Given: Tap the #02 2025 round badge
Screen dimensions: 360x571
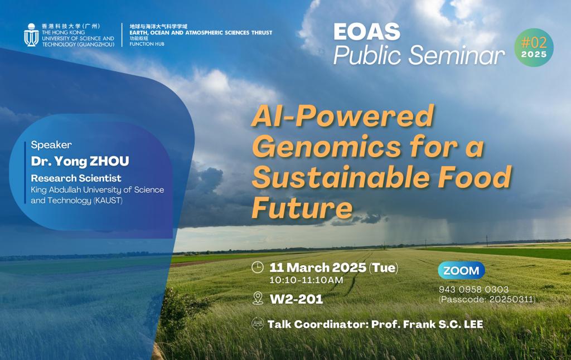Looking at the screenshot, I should click(534, 48).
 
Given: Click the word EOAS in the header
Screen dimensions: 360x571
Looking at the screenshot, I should click(366, 32).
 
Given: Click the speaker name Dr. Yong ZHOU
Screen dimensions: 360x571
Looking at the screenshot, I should click(80, 162).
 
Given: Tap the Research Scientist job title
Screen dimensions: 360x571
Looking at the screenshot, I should click(76, 178).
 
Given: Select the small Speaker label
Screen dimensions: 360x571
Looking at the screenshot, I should click(51, 145).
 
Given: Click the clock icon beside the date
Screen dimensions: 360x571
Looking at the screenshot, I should click(258, 267).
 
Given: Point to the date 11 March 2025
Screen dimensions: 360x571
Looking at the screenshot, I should click(317, 267).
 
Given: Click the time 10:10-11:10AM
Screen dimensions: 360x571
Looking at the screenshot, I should click(306, 280).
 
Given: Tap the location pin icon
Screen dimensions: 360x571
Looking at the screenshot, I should click(258, 299).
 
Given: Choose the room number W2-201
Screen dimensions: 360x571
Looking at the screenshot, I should click(296, 299).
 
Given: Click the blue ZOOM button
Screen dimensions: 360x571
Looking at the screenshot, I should click(461, 271).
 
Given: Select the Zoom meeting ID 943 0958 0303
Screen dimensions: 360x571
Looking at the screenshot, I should click(473, 289).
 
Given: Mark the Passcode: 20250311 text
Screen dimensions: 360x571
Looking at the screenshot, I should click(487, 299).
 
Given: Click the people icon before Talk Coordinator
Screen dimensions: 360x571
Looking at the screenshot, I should click(258, 324).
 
